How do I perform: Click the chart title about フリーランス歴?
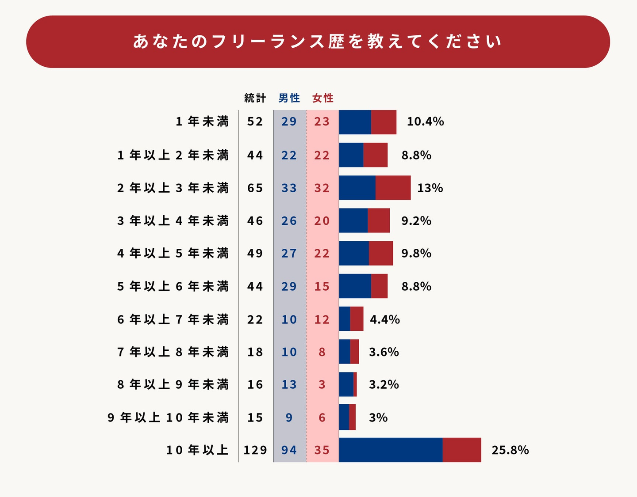318,42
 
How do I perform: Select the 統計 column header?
255,98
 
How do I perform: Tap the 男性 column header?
289,98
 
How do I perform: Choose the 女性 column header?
323,98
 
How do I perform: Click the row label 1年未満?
202,121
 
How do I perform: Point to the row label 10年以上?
197,450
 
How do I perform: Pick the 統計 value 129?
255,450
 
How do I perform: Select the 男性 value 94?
289,450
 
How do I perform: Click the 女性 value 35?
322,450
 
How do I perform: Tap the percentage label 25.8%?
510,450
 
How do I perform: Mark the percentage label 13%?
430,188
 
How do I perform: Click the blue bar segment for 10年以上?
391,450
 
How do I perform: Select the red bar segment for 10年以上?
462,450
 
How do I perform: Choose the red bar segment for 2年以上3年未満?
393,188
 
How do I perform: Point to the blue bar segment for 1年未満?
355,122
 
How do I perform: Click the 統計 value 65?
255,188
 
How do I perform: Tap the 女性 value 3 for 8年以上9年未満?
322,385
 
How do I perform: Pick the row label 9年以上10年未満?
168,417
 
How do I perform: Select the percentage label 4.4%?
385,319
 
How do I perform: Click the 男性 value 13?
289,385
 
